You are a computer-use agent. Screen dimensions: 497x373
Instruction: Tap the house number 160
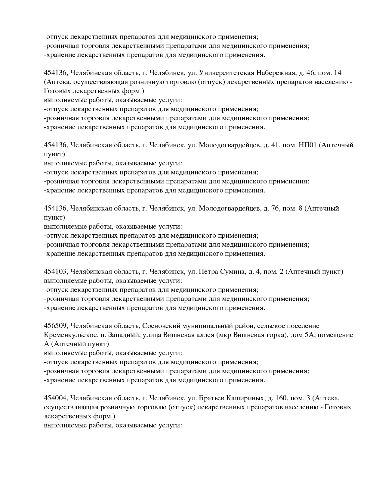tap(281, 398)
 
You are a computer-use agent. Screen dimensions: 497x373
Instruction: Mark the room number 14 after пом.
tap(338, 73)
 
